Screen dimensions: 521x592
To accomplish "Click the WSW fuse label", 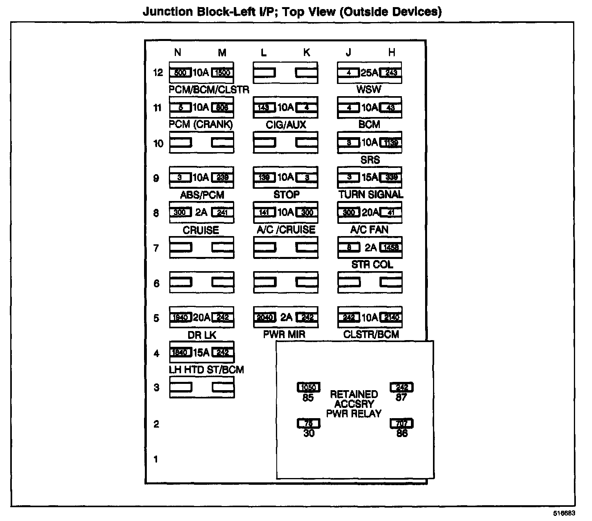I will coord(369,89).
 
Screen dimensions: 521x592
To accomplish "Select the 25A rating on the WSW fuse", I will coord(369,73).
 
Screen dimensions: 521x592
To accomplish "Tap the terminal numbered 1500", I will coord(222,73).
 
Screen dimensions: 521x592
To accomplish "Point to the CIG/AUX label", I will coord(286,125).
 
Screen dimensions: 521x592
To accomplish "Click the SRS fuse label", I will coord(370,160).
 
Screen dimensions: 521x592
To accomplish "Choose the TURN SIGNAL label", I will coord(371,194).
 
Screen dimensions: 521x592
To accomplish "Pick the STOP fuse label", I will coord(286,194).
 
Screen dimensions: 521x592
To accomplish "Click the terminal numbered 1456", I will coord(391,247).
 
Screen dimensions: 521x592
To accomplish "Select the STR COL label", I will coord(372,264).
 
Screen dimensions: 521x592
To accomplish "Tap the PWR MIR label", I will coord(284,335).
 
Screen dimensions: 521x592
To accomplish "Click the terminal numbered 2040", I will coord(264,318).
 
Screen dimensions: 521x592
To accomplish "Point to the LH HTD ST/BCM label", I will coord(206,370).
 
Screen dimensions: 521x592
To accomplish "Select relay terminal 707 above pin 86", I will coord(401,424).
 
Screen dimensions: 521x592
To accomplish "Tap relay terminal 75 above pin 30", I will coord(309,424).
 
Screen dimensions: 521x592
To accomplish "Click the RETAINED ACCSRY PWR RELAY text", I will coord(354,404).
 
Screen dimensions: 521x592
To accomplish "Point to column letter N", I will coord(178,52).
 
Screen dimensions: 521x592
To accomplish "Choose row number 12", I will coord(158,73).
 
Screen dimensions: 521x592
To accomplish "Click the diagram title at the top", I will coord(292,11).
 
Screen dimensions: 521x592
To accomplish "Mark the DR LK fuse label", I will coord(202,335).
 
